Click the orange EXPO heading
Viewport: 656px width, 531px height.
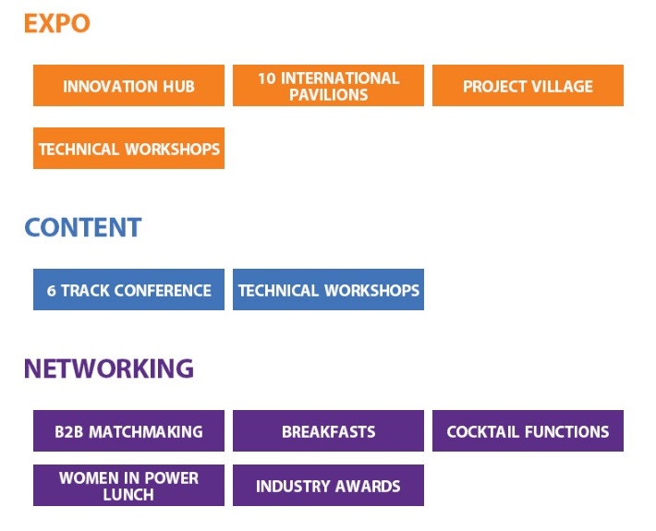tap(57, 23)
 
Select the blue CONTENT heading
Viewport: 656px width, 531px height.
tap(83, 227)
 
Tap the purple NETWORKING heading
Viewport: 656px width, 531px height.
tap(109, 368)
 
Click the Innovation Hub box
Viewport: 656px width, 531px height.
tap(128, 85)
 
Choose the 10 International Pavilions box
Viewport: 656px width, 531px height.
tap(328, 85)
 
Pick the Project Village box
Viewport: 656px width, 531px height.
tap(528, 85)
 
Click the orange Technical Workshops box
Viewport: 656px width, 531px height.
tap(128, 149)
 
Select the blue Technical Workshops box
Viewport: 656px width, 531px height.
tap(328, 289)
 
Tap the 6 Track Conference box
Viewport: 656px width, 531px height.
tap(128, 289)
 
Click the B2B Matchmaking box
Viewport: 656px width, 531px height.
tap(128, 430)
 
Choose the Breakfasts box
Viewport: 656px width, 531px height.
tap(328, 430)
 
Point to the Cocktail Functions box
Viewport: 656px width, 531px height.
tap(528, 430)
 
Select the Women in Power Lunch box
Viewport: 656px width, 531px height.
tap(128, 485)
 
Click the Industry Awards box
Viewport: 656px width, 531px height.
tap(328, 485)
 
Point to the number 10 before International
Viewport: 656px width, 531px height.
tap(266, 78)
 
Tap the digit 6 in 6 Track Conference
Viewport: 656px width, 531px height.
tap(51, 291)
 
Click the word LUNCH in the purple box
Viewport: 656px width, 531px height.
tap(128, 495)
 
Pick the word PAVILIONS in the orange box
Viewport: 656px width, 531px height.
tap(328, 95)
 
